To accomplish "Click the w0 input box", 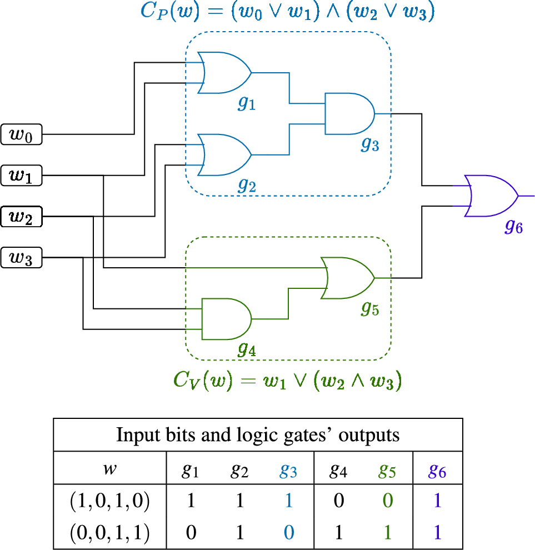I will click(21, 134).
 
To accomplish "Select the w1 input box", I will click(21, 176).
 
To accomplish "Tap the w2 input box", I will click(21, 217).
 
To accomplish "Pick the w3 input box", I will click(21, 258).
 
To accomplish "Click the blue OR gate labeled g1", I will click(224, 73).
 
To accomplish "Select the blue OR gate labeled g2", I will click(224, 155).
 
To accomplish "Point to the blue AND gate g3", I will click(349, 114).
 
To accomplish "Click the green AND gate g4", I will click(226, 319).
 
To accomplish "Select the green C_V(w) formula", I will click(287, 381).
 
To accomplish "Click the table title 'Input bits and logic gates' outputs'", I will click(258, 435).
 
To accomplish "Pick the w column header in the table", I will click(109, 469).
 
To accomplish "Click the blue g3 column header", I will click(288, 471).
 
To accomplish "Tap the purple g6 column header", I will click(437, 471).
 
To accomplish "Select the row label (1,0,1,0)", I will click(109, 501).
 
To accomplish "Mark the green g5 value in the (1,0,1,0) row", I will click(387, 501).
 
